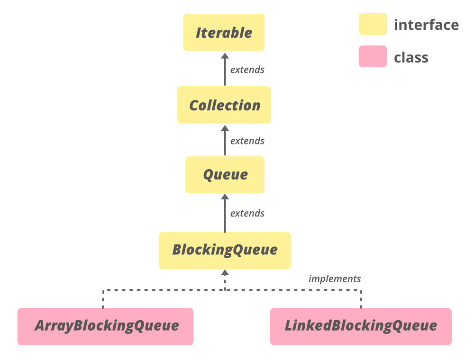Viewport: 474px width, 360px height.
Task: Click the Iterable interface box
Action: pos(224,33)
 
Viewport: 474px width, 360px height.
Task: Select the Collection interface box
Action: pos(224,105)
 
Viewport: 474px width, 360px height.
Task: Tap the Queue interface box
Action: pos(225,175)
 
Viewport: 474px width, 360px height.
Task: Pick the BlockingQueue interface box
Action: pos(225,250)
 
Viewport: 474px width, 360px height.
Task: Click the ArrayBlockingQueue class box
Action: pos(105,326)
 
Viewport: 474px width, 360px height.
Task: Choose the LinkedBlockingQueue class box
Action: pos(360,326)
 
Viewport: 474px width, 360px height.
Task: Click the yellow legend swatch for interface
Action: pos(373,24)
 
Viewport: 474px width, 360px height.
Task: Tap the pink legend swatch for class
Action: pos(373,57)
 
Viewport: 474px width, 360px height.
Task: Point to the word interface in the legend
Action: pos(426,25)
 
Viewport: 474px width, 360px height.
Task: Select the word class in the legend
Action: pos(411,58)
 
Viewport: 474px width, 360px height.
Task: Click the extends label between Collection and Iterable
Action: pos(247,70)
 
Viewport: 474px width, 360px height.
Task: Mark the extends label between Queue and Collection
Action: pos(247,141)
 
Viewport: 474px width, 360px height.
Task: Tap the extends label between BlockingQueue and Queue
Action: pos(247,214)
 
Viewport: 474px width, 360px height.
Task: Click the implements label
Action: pos(335,279)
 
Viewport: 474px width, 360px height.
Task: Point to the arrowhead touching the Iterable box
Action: pos(225,55)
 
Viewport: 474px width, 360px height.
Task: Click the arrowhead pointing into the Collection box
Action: pos(225,127)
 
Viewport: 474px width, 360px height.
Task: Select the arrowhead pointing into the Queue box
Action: pos(225,197)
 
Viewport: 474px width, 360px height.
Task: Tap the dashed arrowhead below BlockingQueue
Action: pos(225,273)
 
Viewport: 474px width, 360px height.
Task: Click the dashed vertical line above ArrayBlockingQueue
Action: pos(103,299)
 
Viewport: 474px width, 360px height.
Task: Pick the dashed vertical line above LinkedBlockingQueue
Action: pos(361,299)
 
